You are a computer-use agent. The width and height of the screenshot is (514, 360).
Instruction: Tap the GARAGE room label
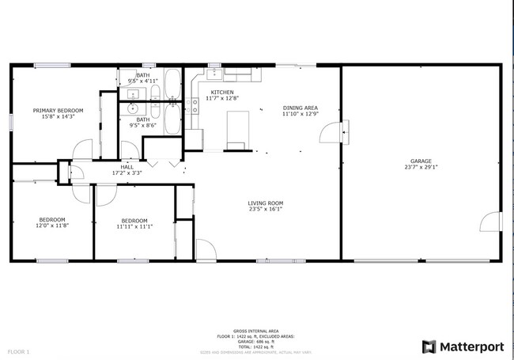tap(420, 161)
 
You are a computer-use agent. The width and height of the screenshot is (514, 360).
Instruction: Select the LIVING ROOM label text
tap(265, 203)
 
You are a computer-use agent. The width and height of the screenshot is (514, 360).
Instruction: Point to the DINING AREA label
tap(300, 108)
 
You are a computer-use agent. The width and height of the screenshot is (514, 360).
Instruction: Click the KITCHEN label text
tap(221, 93)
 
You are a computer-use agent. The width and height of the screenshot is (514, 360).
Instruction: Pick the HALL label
tap(127, 167)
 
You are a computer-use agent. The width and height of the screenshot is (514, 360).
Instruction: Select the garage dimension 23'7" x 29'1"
tap(420, 167)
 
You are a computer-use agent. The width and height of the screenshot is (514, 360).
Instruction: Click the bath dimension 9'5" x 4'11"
tap(143, 80)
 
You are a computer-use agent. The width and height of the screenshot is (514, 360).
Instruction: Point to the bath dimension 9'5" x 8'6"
tap(143, 125)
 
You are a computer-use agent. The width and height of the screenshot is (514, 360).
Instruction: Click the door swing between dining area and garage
tap(332, 133)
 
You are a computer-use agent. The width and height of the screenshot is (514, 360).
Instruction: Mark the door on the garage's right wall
tap(491, 222)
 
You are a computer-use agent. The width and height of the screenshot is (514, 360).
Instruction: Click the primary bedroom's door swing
tap(82, 150)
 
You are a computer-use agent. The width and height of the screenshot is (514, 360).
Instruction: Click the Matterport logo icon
tap(429, 347)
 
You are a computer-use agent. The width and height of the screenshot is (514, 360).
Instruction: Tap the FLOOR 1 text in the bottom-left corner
tap(18, 351)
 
